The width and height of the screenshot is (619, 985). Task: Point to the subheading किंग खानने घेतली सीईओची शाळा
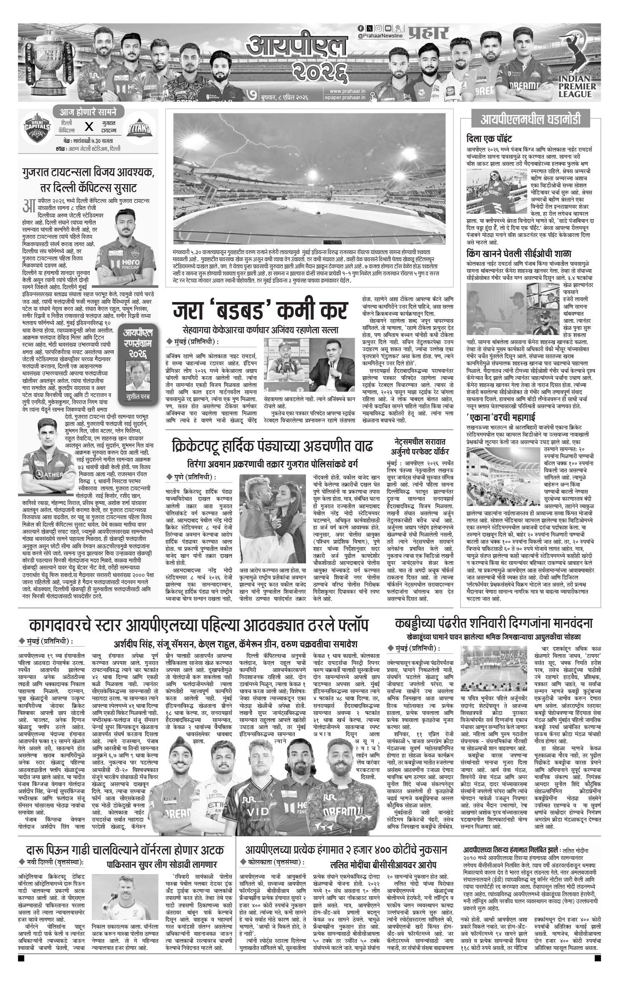tap(519, 253)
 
